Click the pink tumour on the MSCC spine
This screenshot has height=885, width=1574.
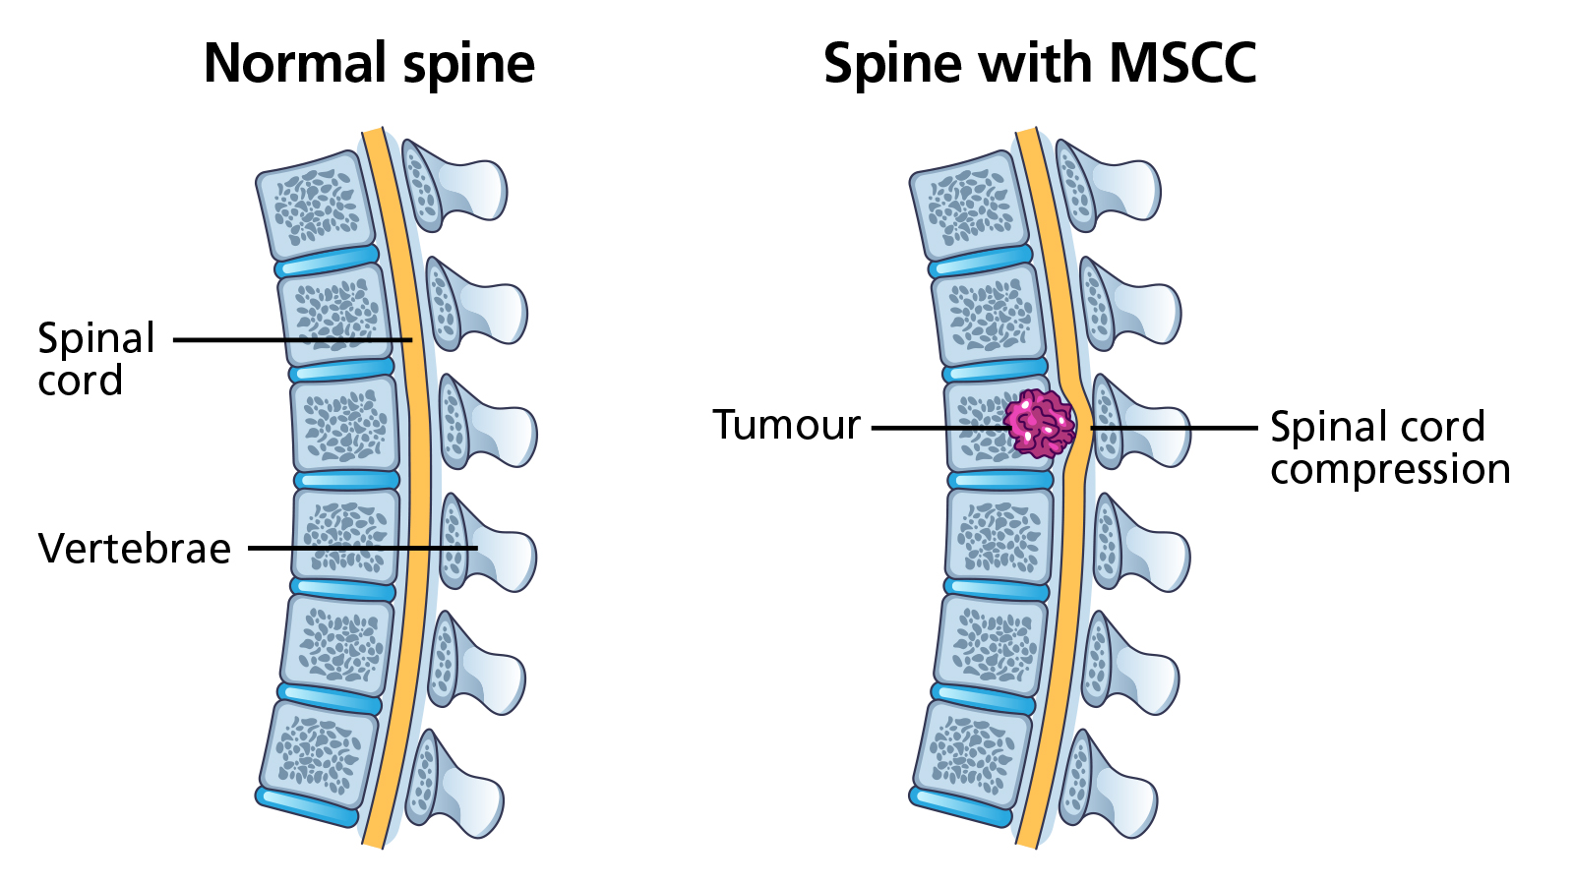1039,424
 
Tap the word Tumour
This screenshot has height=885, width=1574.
786,426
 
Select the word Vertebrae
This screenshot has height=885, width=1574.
135,549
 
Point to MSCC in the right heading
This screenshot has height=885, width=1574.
1182,64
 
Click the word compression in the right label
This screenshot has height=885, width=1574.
1389,469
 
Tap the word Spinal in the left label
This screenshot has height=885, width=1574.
96,338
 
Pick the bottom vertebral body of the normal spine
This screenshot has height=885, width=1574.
318,753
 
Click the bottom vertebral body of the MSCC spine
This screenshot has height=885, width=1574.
972,753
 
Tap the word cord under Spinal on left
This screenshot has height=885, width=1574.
81,381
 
